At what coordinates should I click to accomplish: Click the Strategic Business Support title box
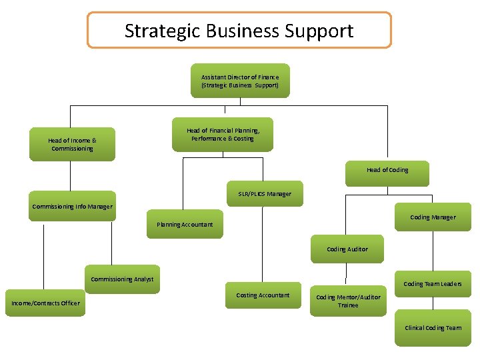coord(239,30)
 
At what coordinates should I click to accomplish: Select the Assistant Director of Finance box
coord(240,81)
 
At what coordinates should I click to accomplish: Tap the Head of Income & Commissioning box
coord(72,144)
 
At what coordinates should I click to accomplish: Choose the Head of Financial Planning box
coord(223,135)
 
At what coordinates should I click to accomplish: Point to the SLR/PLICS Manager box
coord(265,193)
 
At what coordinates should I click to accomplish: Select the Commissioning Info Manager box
coord(72,206)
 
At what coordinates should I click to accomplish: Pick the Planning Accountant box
coord(185,224)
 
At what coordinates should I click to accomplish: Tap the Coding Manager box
coord(433,217)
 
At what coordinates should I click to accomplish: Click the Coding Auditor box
coord(347,249)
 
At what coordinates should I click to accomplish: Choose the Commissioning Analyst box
coord(122,279)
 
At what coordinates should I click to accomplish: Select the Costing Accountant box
coord(263,295)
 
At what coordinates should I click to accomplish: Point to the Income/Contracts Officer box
coord(45,303)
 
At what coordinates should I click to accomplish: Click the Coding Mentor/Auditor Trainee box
coord(348,301)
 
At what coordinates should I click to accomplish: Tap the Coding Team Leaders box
coord(433,283)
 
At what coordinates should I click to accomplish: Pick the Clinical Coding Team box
coord(433,327)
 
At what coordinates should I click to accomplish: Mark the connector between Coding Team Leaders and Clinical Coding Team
coord(433,304)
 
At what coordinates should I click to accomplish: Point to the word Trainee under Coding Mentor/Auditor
coord(348,305)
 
